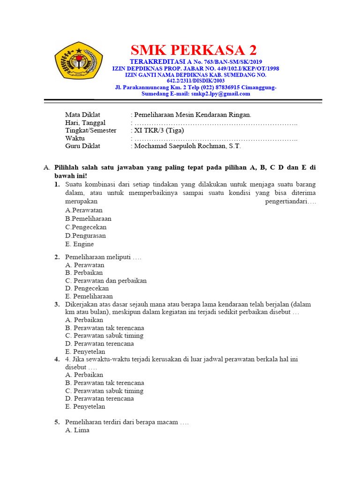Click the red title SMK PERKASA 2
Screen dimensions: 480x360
pyautogui.click(x=194, y=50)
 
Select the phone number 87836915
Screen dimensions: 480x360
pyautogui.click(x=223, y=87)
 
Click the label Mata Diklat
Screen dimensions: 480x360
pyautogui.click(x=82, y=115)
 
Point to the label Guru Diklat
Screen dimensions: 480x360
pyautogui.click(x=82, y=146)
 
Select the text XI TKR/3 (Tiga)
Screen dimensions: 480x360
pyautogui.click(x=159, y=130)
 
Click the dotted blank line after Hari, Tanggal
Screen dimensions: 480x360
pyautogui.click(x=216, y=123)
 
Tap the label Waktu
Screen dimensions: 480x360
pyautogui.click(x=75, y=138)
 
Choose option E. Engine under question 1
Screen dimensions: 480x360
pyautogui.click(x=80, y=244)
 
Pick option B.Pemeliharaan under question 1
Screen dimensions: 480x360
pyautogui.click(x=89, y=218)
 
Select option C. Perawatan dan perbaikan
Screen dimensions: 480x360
pyautogui.click(x=106, y=281)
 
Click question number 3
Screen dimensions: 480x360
pyautogui.click(x=57, y=304)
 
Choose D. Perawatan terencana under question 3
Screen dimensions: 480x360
pyautogui.click(x=99, y=344)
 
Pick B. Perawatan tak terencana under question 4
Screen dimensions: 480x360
pyautogui.click(x=105, y=383)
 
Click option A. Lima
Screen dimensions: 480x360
pyautogui.click(x=77, y=430)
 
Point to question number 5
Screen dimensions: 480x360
pyautogui.click(x=57, y=422)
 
